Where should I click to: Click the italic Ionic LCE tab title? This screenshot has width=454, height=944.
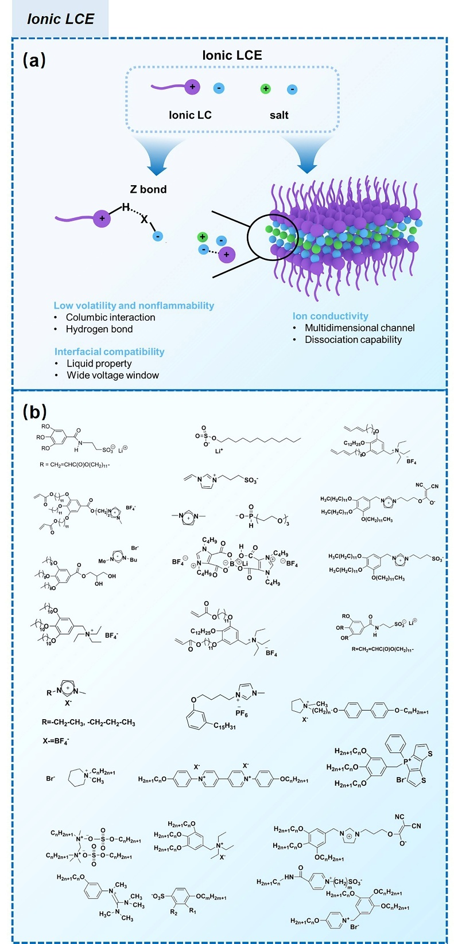point(60,19)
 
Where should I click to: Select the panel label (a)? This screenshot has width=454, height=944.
point(34,60)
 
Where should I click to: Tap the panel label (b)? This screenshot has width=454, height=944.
point(34,411)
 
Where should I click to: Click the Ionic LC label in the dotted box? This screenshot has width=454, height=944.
point(190,115)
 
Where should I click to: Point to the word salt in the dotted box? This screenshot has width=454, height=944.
point(279,115)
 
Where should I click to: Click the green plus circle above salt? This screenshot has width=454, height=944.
point(265,88)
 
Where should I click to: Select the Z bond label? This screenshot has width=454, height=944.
point(148,189)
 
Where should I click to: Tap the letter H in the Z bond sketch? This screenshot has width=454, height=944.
point(125,208)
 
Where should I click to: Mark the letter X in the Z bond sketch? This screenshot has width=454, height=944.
point(145,220)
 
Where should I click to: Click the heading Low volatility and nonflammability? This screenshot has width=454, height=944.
point(134,306)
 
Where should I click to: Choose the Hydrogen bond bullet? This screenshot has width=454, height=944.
point(99,329)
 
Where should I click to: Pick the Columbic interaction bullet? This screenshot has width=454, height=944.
point(110,317)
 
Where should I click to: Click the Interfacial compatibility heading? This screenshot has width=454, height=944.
point(109,352)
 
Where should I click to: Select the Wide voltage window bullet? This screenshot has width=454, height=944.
point(112,375)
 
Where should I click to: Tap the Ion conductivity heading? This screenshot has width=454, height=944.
point(330,316)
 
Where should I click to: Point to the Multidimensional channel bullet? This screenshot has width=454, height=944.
point(359,327)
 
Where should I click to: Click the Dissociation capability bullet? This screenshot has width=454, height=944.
point(353,340)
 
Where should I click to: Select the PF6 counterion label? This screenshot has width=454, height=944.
point(242,713)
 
